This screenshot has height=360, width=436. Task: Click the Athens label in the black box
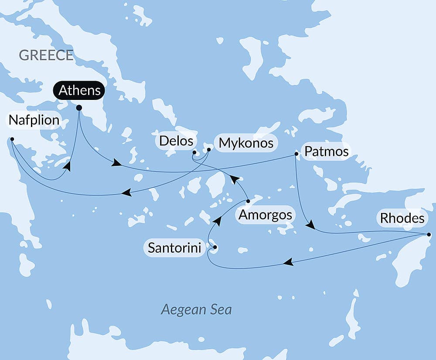click(x=79, y=91)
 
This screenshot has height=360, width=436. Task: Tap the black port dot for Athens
click(x=79, y=108)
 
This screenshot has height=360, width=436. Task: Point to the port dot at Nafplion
click(x=12, y=140)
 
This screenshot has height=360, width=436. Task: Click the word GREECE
click(x=46, y=55)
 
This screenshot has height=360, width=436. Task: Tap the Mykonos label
click(x=246, y=143)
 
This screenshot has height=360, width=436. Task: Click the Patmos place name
click(x=327, y=151)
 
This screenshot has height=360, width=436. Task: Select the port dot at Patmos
click(x=296, y=154)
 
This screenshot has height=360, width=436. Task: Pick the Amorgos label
click(x=265, y=215)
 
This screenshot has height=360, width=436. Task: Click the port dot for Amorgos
click(x=248, y=201)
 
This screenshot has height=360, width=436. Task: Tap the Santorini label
click(x=174, y=248)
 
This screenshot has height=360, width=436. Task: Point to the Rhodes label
click(x=402, y=219)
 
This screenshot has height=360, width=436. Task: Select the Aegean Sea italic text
click(x=196, y=310)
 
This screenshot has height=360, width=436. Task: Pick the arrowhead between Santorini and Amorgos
click(x=217, y=221)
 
